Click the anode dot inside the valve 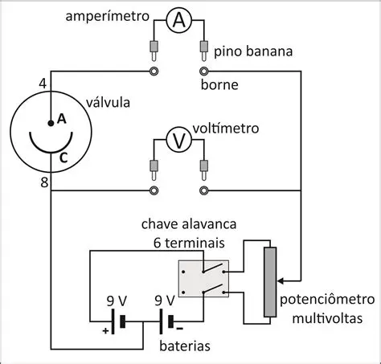point(51,121)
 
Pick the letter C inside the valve point(63,158)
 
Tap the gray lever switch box point(203,280)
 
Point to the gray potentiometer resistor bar point(271,281)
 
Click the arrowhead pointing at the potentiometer point(281,282)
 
